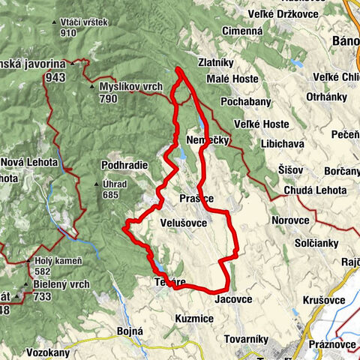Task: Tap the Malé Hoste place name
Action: point(234,79)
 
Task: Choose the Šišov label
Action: point(289,169)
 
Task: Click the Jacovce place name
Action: point(234,298)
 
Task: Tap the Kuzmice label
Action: point(193,319)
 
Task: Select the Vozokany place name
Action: point(47,352)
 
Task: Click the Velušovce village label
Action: point(183,223)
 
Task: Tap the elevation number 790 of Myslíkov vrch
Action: point(109,98)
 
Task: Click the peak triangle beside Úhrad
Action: point(95,184)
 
